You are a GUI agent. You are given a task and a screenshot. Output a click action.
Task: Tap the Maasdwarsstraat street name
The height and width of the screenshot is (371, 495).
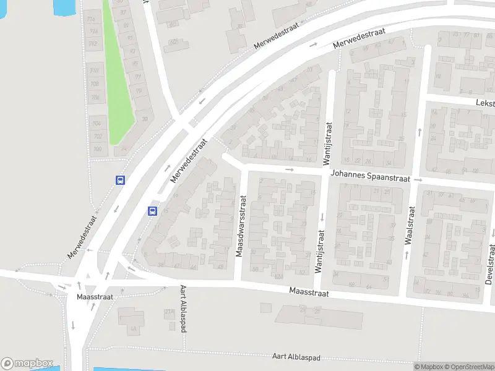[241, 227]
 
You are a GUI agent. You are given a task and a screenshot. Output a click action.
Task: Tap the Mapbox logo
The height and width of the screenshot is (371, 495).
[27, 364]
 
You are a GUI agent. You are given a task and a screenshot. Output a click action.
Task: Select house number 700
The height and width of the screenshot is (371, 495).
[97, 150]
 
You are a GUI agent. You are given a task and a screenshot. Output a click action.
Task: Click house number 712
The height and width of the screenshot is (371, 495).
[93, 44]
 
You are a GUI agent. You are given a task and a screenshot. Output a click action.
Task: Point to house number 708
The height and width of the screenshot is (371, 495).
[95, 84]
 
